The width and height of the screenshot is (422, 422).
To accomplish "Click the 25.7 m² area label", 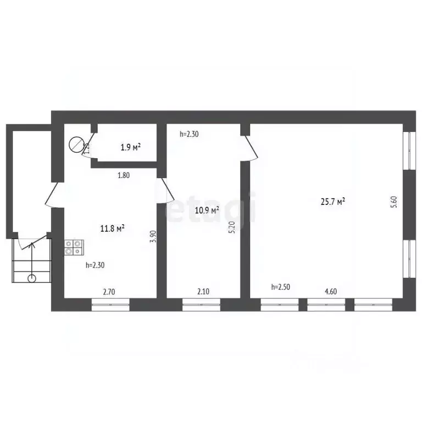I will (333, 202).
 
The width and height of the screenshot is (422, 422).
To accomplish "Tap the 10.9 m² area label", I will (207, 210).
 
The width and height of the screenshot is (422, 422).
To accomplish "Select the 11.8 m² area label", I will (112, 228).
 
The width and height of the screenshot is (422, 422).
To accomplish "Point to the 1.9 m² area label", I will (130, 147).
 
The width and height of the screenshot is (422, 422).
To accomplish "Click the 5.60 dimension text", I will (393, 202).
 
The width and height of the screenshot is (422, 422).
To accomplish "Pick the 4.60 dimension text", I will (330, 291).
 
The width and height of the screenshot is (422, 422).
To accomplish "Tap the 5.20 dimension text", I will (232, 227).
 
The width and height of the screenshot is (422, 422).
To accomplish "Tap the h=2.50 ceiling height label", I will (281, 287).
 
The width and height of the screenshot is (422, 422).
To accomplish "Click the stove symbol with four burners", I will (73, 247).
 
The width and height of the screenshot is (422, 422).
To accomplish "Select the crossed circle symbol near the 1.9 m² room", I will (75, 145).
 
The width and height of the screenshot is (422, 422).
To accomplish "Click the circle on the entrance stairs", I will (32, 278).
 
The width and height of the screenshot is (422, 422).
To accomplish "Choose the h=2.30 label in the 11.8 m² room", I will (95, 265).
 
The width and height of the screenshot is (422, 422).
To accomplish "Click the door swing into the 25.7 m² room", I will (251, 147).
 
